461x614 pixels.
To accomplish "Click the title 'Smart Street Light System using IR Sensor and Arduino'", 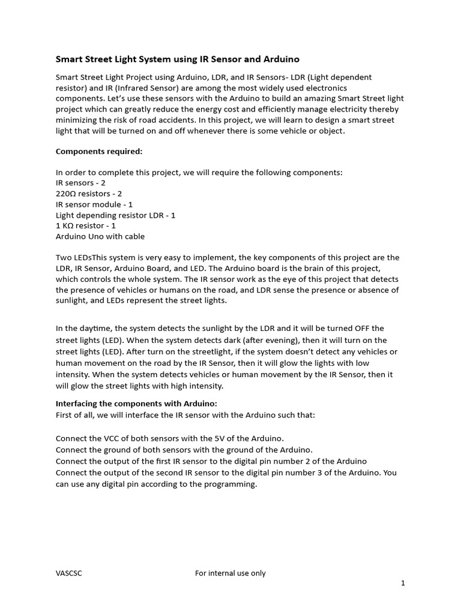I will coord(178,59).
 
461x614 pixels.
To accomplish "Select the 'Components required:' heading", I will coord(99,152).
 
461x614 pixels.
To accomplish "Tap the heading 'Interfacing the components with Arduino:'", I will coord(136,404).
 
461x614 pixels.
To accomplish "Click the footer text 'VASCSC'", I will coord(69,573).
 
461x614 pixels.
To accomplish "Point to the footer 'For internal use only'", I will coord(230,573).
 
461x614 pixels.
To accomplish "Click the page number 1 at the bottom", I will coord(403,583).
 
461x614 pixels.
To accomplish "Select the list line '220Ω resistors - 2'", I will coord(89,194).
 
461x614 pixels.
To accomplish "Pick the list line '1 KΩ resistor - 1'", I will coord(86,225).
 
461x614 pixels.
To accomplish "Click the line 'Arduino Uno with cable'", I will coord(100,236).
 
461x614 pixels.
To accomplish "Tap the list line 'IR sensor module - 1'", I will coord(94,204).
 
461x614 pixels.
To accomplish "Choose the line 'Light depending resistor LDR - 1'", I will coord(116,215).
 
